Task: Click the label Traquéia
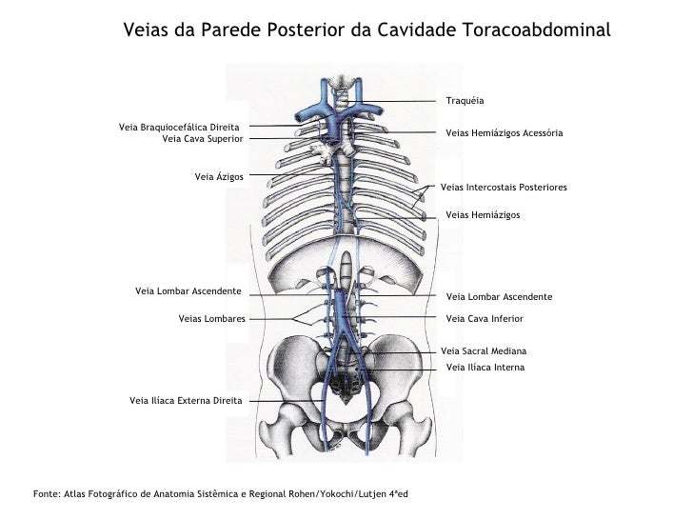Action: click(x=465, y=101)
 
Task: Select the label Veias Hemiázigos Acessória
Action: click(x=504, y=134)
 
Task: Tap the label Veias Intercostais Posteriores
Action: click(x=505, y=188)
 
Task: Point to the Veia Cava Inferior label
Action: click(x=485, y=318)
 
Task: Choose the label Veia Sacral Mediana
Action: click(x=484, y=351)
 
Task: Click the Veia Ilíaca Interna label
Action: click(x=485, y=367)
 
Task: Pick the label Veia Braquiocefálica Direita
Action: click(x=179, y=127)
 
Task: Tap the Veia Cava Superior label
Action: click(x=203, y=138)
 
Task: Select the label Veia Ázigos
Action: click(x=219, y=176)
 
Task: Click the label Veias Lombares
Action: click(x=211, y=318)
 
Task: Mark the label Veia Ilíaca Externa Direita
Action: click(x=186, y=401)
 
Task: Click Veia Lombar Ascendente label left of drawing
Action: click(x=188, y=290)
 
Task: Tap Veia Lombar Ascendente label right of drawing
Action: click(x=499, y=297)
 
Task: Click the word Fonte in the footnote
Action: click(x=45, y=493)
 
